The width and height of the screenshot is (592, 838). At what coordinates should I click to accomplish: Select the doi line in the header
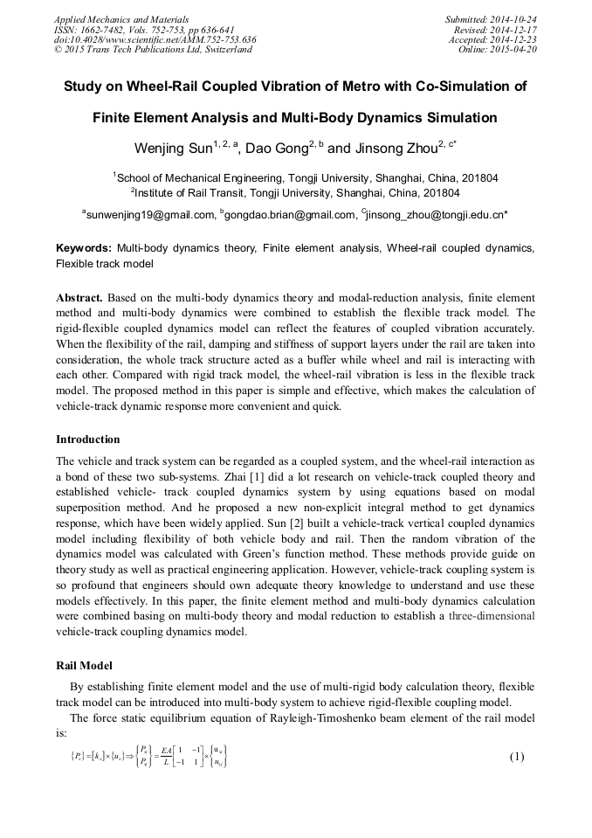click(155, 39)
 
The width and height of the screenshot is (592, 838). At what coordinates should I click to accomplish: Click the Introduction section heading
click(88, 439)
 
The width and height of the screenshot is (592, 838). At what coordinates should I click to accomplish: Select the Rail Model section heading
click(86, 666)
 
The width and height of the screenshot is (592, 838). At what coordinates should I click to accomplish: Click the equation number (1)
click(517, 757)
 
